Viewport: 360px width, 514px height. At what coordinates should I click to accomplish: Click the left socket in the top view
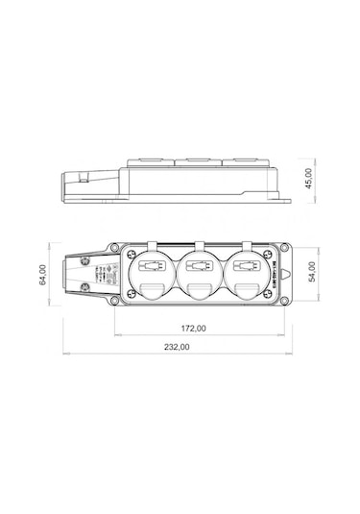pyautogui.click(x=150, y=273)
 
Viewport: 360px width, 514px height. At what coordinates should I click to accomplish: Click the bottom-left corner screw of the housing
pyautogui.click(x=115, y=301)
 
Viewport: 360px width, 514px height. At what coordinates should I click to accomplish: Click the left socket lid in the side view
pyautogui.click(x=151, y=159)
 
